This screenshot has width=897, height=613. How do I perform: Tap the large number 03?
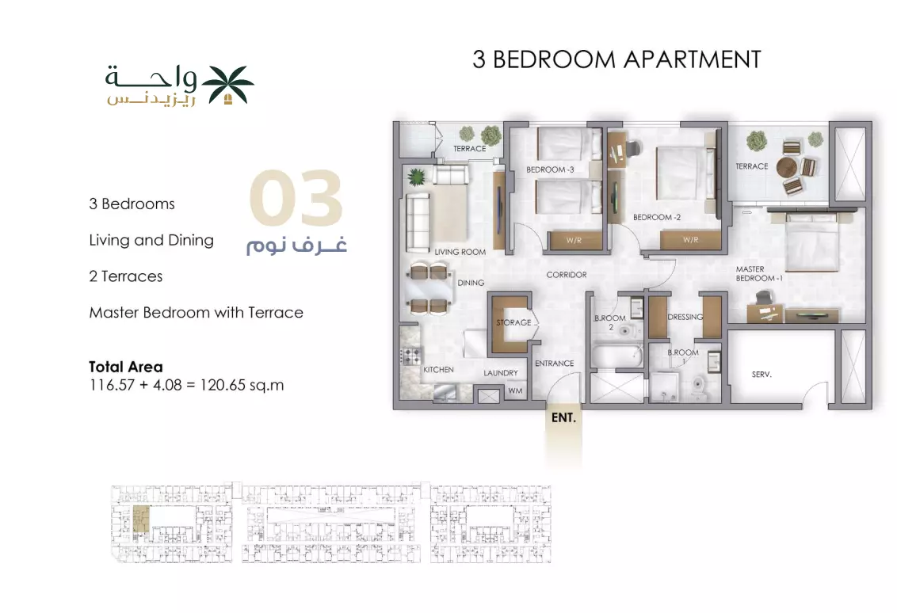[x=296, y=197]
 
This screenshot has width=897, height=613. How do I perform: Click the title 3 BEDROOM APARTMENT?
[x=616, y=59]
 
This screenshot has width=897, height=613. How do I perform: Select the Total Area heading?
[x=126, y=367]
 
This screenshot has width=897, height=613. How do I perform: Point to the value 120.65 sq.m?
[x=242, y=385]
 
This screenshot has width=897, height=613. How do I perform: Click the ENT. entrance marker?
[x=563, y=418]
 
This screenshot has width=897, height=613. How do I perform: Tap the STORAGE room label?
[x=513, y=322]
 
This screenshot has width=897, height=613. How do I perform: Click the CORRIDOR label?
[x=567, y=275]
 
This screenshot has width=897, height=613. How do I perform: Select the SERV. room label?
[x=761, y=374]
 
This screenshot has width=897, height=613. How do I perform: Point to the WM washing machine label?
[x=515, y=391]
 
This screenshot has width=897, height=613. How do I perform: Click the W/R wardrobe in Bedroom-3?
[x=574, y=240]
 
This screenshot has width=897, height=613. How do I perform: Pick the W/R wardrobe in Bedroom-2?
[x=690, y=240]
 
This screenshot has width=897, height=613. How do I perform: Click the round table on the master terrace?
[x=787, y=167]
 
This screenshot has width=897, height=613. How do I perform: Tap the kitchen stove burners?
[x=411, y=356]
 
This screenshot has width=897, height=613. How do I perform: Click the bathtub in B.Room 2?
[x=616, y=355]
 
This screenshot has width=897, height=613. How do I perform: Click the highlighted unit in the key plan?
[x=141, y=520]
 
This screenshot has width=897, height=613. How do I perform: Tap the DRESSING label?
[x=685, y=317]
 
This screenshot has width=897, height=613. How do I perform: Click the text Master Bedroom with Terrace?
[x=197, y=313]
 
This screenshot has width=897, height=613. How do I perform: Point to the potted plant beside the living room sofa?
[x=416, y=177]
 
